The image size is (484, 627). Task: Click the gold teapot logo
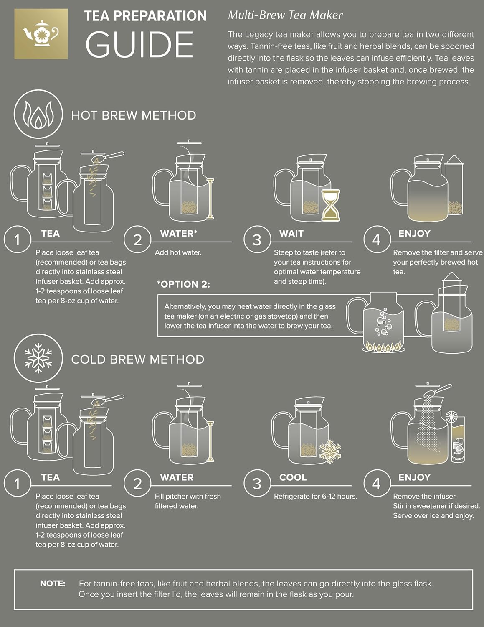[x=41, y=33]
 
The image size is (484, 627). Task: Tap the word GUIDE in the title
[x=139, y=45]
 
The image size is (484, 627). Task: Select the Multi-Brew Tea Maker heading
[x=285, y=15]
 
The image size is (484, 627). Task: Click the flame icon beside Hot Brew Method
[x=38, y=115]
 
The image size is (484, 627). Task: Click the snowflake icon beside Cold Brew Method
[x=38, y=358]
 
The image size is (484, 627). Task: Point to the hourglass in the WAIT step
[x=331, y=205]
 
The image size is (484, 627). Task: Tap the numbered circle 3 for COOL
[x=257, y=484]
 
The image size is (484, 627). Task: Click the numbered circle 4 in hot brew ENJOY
[x=376, y=240]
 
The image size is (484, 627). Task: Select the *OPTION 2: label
[x=183, y=284]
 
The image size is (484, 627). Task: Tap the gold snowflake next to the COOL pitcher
[x=330, y=451]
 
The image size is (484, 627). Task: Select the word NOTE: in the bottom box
[x=53, y=584]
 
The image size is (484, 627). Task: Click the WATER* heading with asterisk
[x=178, y=234]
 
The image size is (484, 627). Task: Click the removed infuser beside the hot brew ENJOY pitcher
[x=454, y=188]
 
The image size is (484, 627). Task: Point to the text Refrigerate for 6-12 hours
[x=315, y=497]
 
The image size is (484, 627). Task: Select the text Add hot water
[x=178, y=252]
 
